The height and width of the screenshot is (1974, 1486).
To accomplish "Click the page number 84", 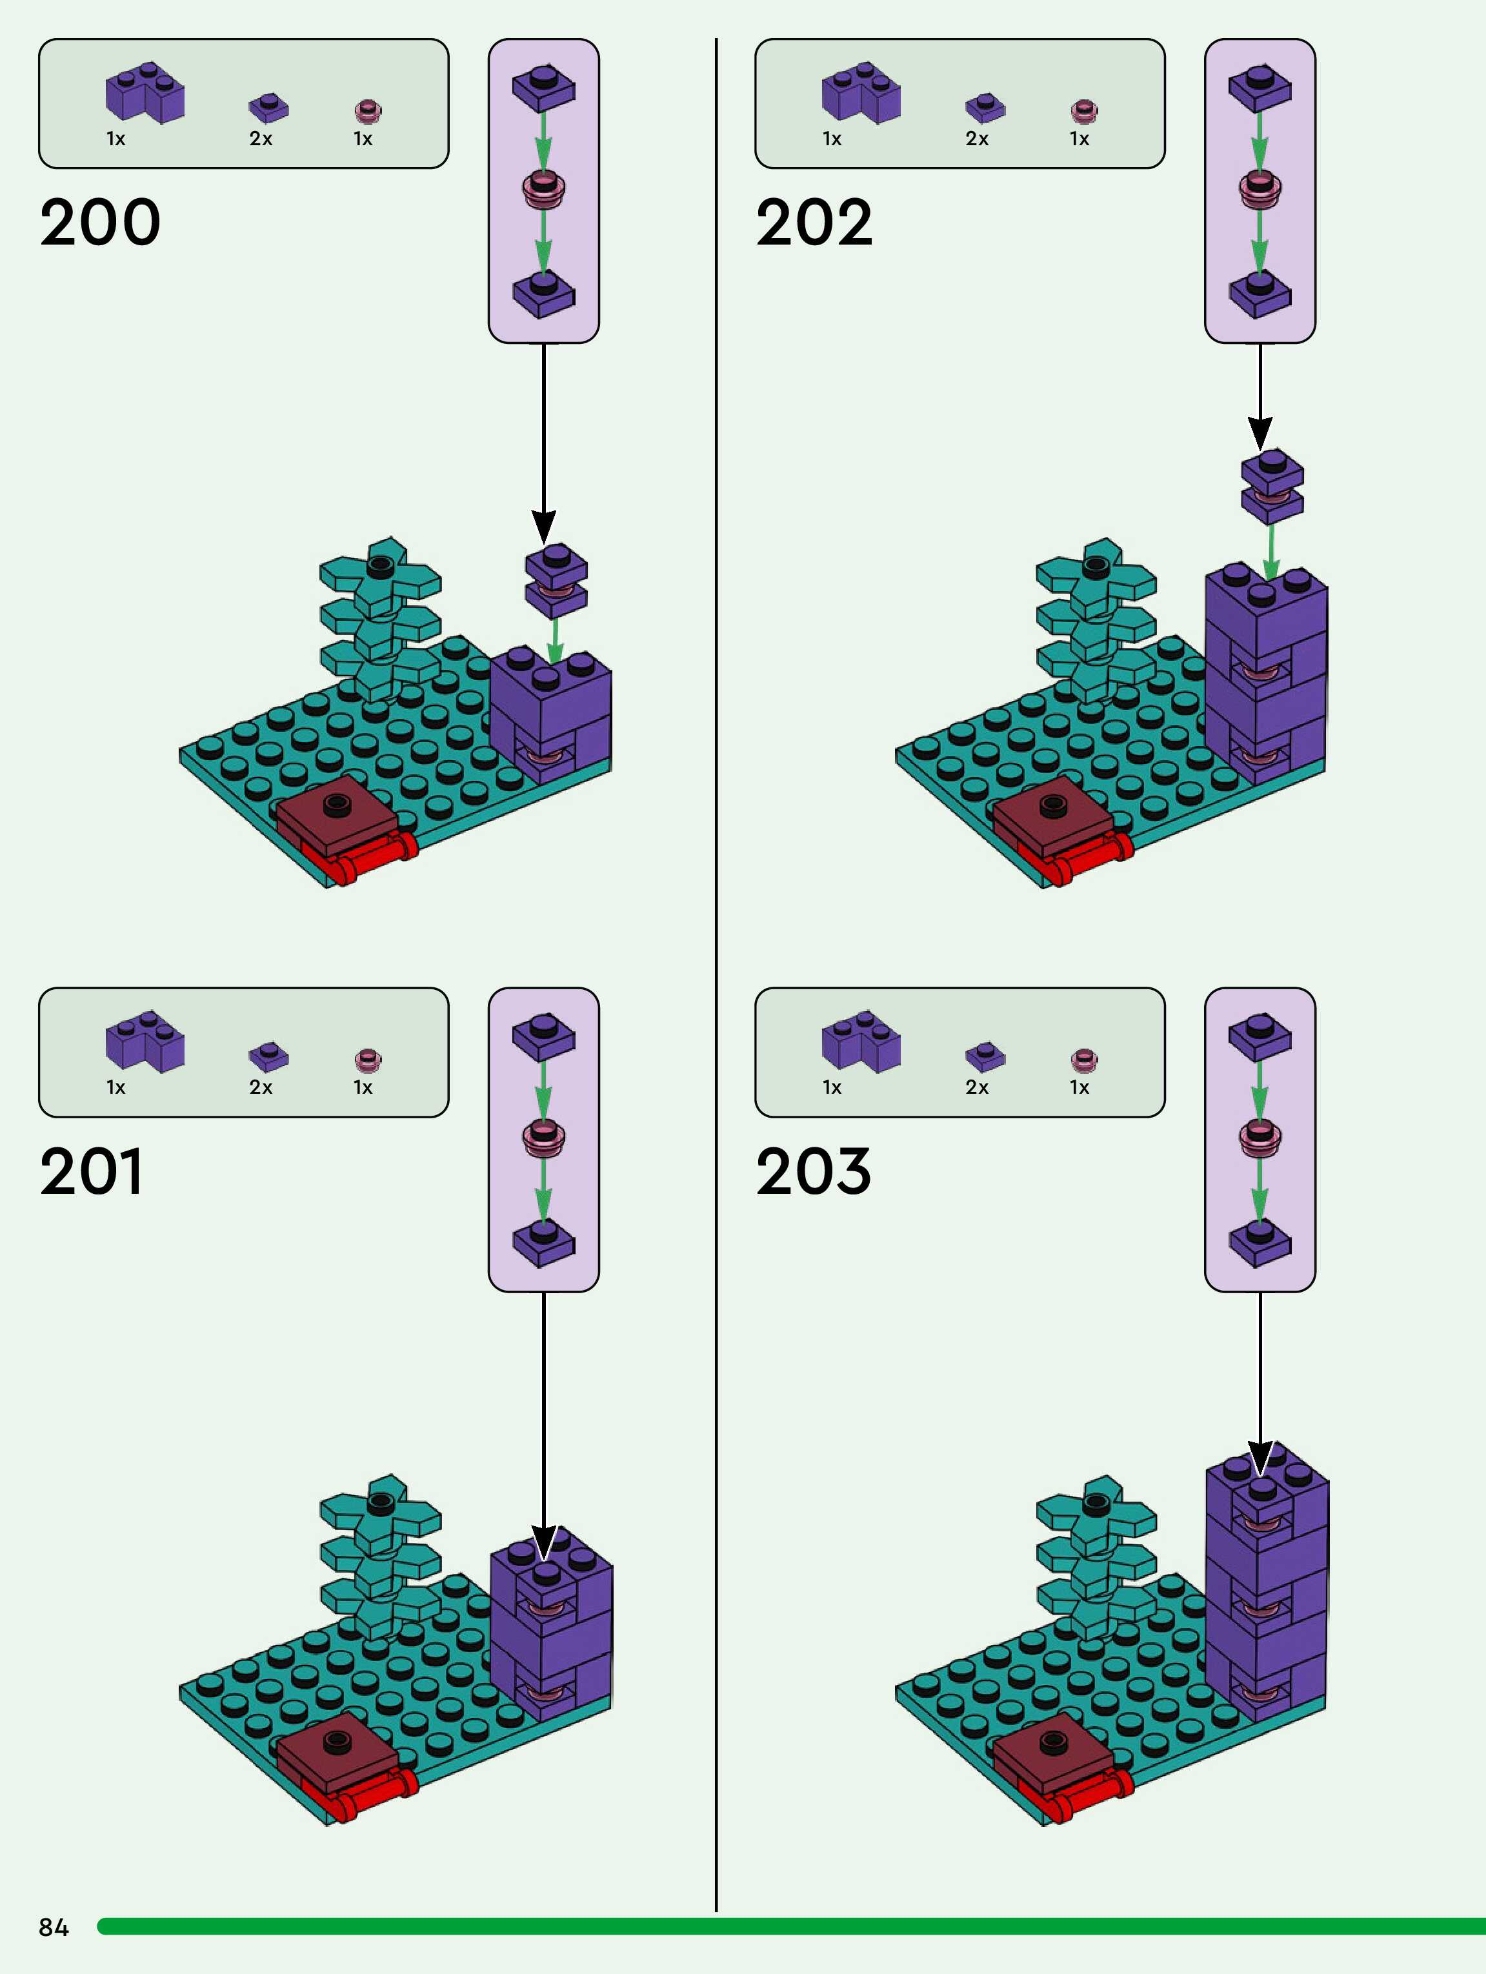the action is click(x=54, y=1928).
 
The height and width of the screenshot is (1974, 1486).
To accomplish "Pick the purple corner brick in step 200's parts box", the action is click(x=145, y=92).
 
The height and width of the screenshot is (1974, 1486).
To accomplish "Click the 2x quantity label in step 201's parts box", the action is click(x=261, y=1087).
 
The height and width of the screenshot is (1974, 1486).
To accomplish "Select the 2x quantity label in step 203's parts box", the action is click(x=978, y=1087).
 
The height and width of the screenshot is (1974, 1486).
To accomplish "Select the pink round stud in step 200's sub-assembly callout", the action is click(x=543, y=188).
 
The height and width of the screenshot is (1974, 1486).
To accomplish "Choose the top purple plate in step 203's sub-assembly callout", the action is click(x=1260, y=1035).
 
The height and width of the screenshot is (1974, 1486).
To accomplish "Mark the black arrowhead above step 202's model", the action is click(x=1260, y=433).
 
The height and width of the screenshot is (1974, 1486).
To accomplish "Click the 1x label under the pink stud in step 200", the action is click(x=363, y=138).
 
